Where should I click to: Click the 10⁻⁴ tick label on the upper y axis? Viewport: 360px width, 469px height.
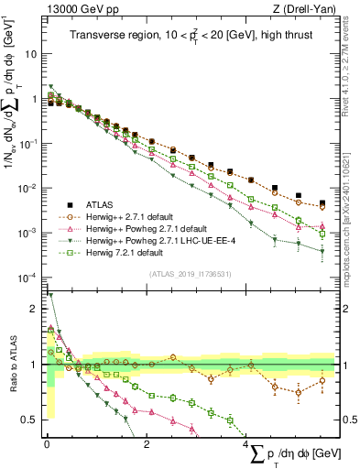point(27,278)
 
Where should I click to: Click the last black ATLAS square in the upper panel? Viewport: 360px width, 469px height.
point(322,203)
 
